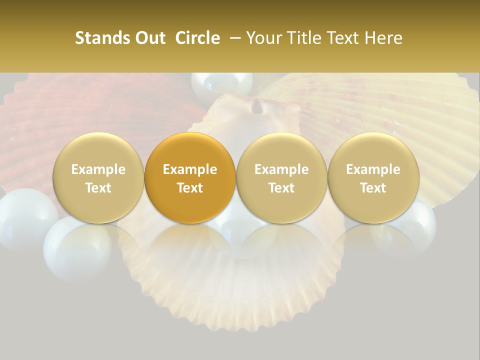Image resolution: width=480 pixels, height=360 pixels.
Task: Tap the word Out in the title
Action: point(149,38)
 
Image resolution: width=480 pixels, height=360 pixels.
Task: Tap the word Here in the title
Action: point(385,38)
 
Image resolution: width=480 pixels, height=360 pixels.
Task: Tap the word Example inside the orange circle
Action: point(190,169)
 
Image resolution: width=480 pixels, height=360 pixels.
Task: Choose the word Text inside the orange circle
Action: point(190,188)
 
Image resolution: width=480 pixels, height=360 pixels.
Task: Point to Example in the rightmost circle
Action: point(373,169)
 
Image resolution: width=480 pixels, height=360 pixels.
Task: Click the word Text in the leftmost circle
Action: point(98,188)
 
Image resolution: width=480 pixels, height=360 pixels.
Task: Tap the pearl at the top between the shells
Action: point(222,84)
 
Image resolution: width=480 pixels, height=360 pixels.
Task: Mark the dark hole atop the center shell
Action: point(258,105)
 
